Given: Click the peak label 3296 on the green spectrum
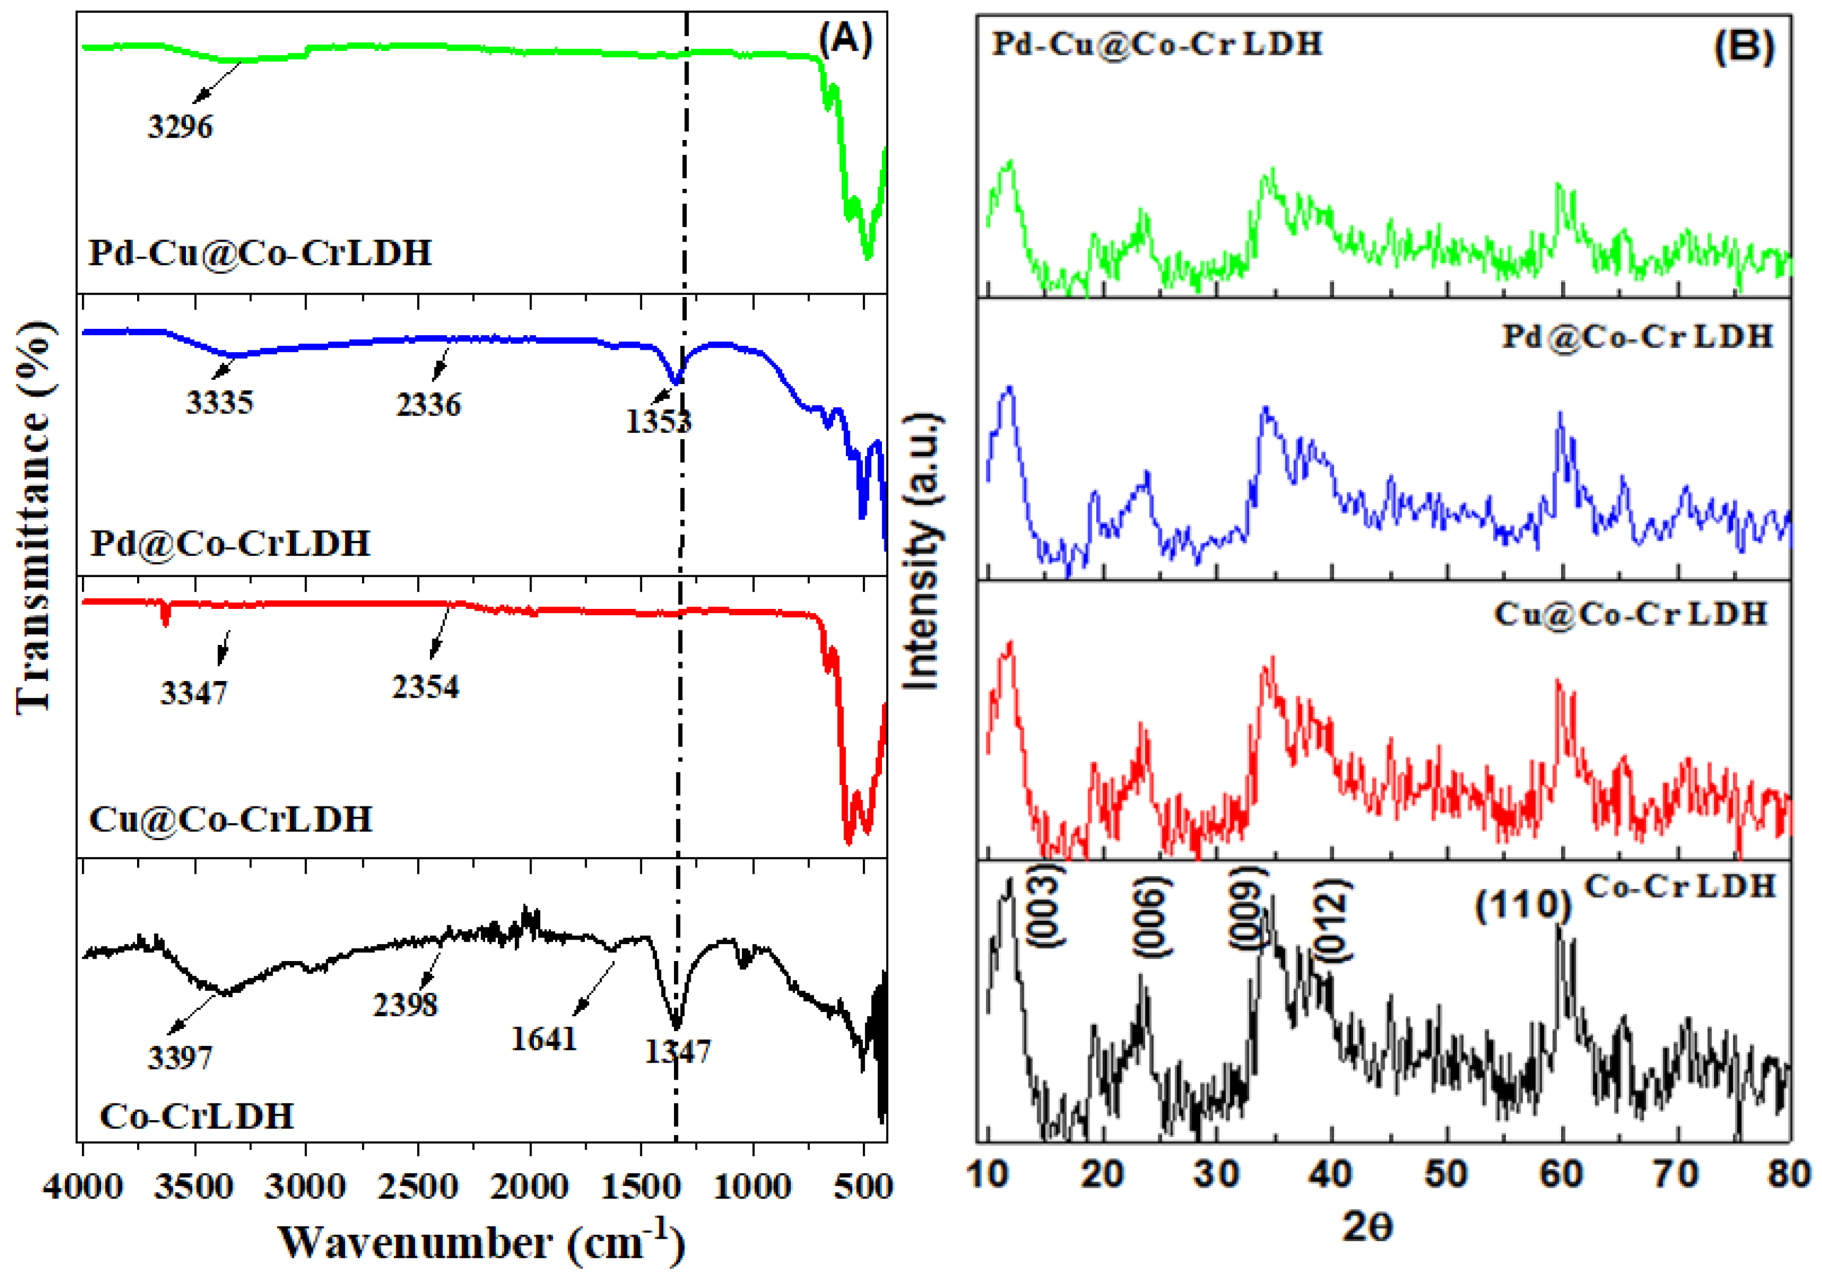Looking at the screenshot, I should [180, 127].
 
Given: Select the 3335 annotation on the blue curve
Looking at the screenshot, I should [220, 402].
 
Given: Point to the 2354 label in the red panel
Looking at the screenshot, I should [425, 686].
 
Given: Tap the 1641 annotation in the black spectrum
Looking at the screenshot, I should [544, 1038].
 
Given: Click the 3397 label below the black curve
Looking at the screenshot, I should [180, 1057].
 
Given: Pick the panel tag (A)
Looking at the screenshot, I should [846, 39].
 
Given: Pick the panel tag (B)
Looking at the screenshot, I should [1744, 48].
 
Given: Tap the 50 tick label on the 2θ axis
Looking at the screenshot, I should [1446, 1174].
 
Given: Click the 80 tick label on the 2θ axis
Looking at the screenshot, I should [1789, 1174].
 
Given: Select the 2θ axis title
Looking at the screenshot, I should [1367, 1227].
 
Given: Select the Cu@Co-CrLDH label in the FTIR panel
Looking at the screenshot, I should [231, 819].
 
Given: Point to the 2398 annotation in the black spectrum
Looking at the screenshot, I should [405, 1005].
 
